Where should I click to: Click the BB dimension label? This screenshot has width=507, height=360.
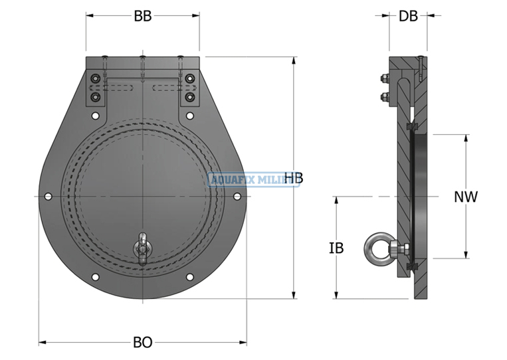142,17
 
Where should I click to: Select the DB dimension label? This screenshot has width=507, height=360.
408,17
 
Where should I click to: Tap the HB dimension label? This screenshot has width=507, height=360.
294,178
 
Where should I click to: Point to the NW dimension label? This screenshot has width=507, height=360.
465,197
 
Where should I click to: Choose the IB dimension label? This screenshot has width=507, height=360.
336,248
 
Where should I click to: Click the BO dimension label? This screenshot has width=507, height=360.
142,343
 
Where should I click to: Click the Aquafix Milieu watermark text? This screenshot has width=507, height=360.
253,179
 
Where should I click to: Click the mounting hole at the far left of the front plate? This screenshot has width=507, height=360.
48,197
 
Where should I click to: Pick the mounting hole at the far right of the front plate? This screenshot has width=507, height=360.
237,197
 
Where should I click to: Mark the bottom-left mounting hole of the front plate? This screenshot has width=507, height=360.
95,277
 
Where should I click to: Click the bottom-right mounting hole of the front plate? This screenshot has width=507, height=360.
190,277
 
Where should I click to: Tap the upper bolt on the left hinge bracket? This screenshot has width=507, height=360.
95,79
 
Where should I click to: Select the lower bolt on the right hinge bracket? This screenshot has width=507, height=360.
190,97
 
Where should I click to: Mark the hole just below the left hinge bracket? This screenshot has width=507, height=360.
95,116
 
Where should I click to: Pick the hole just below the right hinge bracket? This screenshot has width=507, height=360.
190,116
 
